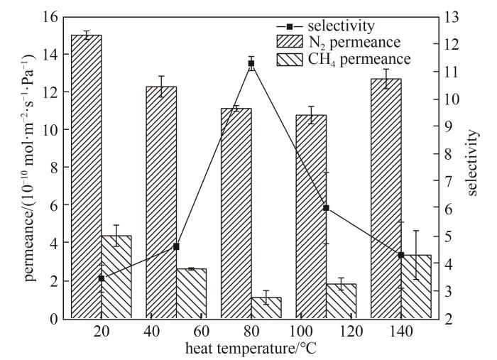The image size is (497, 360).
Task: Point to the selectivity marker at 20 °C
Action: click(x=102, y=278)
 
